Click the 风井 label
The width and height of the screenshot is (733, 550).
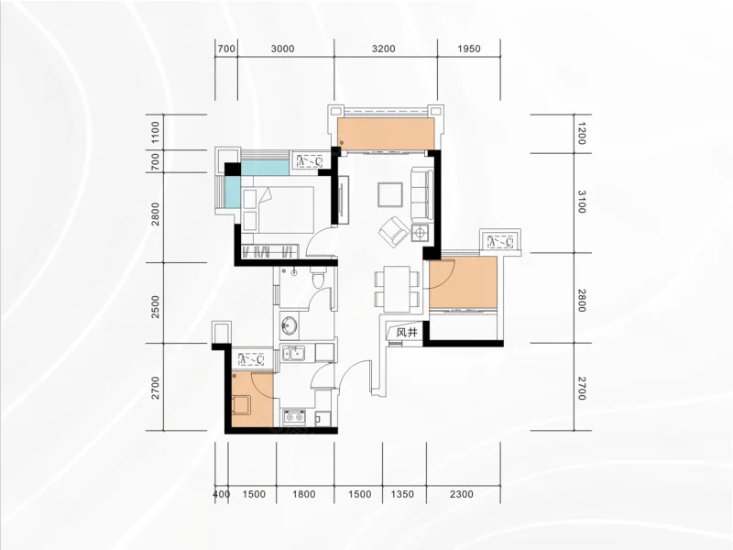[x=406, y=333]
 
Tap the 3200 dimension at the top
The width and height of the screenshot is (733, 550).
[x=383, y=49]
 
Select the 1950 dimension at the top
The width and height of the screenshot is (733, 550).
[x=469, y=49]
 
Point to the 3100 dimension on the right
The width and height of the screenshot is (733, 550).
[x=581, y=202]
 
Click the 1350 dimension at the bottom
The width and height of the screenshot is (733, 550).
[x=402, y=494]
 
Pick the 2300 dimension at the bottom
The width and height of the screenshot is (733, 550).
[x=462, y=494]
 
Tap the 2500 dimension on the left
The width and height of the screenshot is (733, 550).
[x=155, y=307]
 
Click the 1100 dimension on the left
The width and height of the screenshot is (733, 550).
[x=155, y=132]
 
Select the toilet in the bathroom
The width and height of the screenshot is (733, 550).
[x=319, y=278]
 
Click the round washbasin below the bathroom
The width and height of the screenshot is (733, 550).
[x=290, y=324]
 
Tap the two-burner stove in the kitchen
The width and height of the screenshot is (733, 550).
[x=294, y=417]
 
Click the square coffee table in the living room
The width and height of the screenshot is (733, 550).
[x=390, y=194]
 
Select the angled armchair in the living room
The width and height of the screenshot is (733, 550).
[x=394, y=231]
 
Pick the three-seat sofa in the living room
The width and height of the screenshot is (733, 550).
[x=422, y=193]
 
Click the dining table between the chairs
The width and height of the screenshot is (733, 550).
[x=397, y=289]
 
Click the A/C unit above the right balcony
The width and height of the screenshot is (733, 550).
[x=500, y=242]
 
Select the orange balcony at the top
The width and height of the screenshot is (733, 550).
[x=386, y=134]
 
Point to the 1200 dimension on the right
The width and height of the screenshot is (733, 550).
[x=581, y=133]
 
